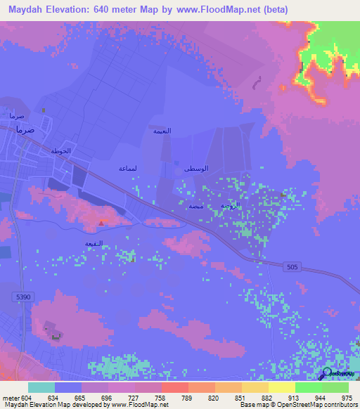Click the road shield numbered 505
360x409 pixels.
point(293,266)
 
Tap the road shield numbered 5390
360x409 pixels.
point(24,297)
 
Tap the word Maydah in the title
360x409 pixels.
point(25,10)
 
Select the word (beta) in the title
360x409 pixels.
point(271,10)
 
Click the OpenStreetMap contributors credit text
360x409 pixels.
point(309,405)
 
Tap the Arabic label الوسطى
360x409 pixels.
point(196,169)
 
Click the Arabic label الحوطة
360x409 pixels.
point(62,151)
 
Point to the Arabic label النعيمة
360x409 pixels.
point(162,131)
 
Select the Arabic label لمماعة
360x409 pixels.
point(128,169)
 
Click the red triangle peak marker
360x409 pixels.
point(101,223)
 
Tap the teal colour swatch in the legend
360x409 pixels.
point(41,387)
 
